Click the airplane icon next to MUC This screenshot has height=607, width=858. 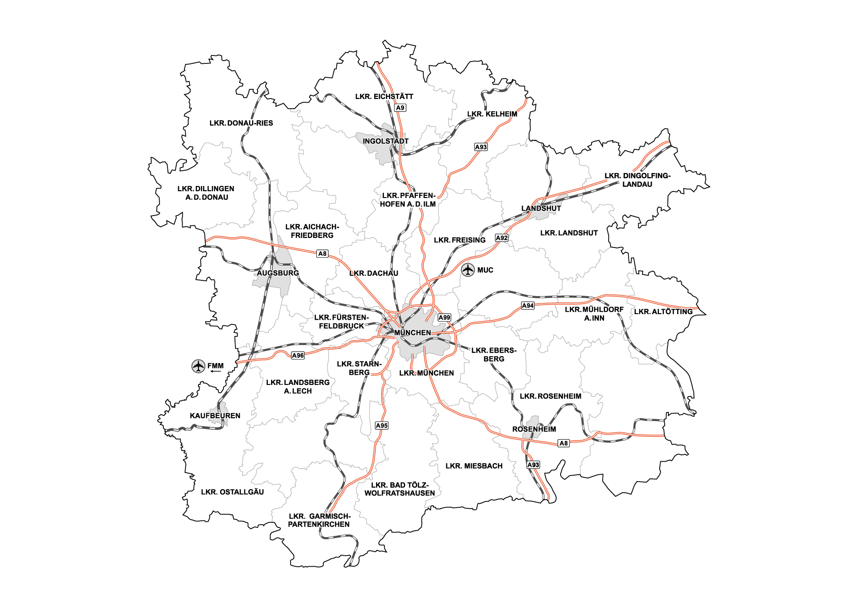[x=468, y=270]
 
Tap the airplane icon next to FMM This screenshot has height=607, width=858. [x=198, y=366]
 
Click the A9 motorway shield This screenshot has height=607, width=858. [x=400, y=108]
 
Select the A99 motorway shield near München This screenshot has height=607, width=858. [x=444, y=317]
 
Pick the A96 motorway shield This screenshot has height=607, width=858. [x=298, y=355]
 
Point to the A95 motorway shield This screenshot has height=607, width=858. [x=382, y=426]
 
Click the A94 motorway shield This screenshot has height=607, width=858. [x=528, y=305]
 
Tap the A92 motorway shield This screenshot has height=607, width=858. [x=501, y=238]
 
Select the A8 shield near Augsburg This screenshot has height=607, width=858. [x=322, y=254]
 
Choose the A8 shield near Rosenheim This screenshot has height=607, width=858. [x=563, y=443]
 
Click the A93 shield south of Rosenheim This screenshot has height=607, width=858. [x=533, y=465]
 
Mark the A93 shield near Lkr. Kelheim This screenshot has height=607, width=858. [x=481, y=147]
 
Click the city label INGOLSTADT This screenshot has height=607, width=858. [x=385, y=141]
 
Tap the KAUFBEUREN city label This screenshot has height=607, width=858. [x=215, y=416]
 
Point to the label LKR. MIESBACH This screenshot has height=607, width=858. [x=474, y=466]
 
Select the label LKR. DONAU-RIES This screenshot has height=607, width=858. [x=241, y=123]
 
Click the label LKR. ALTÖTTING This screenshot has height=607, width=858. [x=663, y=312]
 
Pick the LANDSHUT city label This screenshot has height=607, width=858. [x=541, y=208]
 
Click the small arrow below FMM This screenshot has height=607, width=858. [x=216, y=372]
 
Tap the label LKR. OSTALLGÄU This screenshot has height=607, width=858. [x=232, y=492]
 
